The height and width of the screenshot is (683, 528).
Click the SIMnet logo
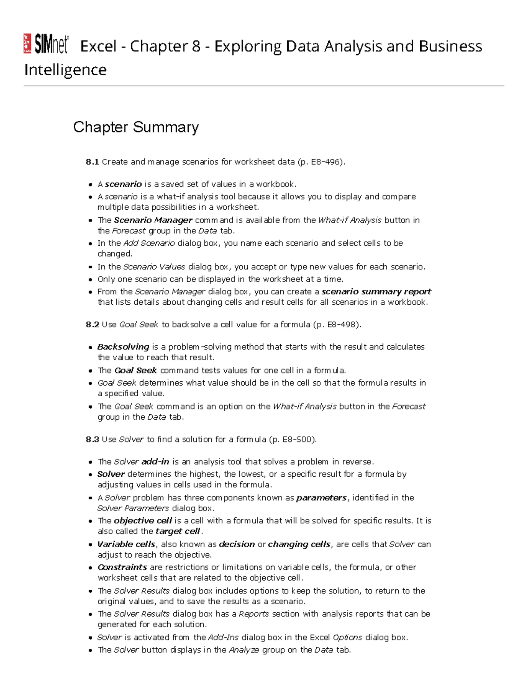point(46,44)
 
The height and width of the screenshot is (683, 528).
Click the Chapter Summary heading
point(136,127)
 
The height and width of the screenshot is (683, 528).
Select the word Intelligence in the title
point(65,70)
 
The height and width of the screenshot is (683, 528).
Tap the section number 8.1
point(92,162)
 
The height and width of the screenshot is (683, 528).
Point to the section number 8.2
point(92,325)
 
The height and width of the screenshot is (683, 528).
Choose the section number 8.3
point(92,439)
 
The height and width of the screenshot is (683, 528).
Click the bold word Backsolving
point(123,347)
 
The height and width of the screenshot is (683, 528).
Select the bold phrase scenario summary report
point(376,292)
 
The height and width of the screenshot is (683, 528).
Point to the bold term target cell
point(178,531)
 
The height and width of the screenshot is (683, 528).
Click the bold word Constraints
point(122,567)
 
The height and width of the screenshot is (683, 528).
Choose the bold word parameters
point(322,498)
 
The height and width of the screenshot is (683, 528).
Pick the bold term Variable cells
point(126,544)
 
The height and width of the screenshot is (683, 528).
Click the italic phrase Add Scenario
point(149,243)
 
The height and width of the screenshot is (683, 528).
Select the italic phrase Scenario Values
point(154,267)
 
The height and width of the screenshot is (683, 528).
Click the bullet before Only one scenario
point(90,280)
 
